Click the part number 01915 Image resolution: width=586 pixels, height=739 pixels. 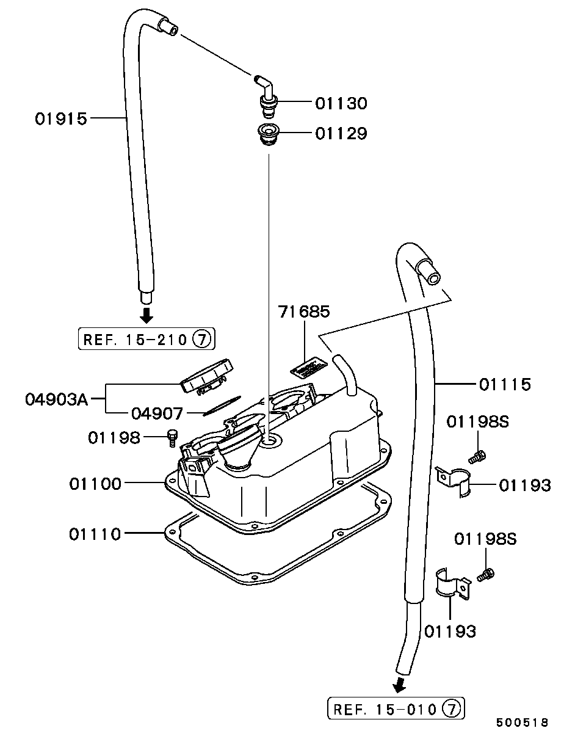pos(61,119)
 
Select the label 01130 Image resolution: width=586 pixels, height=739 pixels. pos(341,103)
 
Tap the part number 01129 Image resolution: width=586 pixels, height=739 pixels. pos(341,133)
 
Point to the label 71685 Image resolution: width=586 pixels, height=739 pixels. pos(304,311)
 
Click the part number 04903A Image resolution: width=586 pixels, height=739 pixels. pos(57,399)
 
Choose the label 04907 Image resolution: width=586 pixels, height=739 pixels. pos(157,414)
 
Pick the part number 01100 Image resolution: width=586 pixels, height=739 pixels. pos(95,484)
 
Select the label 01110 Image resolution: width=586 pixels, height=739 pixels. pos(95,534)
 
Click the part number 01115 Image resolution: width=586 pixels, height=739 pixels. pos(505,385)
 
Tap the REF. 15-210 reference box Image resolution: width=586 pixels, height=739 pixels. pos(146,340)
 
